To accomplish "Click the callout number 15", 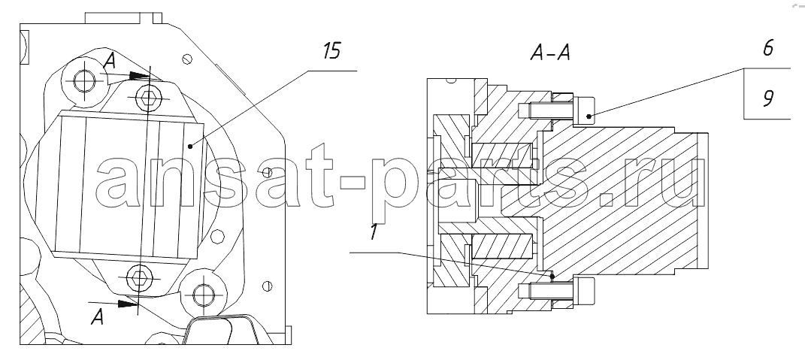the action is pyautogui.click(x=332, y=51).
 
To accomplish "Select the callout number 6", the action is pyautogui.click(x=768, y=48).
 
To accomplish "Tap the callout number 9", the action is pyautogui.click(x=768, y=98).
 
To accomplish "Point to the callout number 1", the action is pyautogui.click(x=374, y=233).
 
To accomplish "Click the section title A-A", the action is pyautogui.click(x=550, y=53).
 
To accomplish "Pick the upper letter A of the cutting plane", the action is pyautogui.click(x=109, y=62).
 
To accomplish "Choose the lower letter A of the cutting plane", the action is pyautogui.click(x=97, y=317).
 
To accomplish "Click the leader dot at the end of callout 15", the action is pyautogui.click(x=190, y=147).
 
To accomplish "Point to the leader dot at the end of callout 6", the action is pyautogui.click(x=589, y=116).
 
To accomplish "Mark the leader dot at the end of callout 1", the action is pyautogui.click(x=552, y=277).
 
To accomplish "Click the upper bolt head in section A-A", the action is pyautogui.click(x=583, y=110).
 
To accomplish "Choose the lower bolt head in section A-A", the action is pyautogui.click(x=583, y=292).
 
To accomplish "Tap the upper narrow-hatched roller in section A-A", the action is pyautogui.click(x=500, y=155).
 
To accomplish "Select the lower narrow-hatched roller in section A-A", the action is pyautogui.click(x=500, y=246).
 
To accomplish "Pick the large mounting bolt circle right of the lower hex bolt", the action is pyautogui.click(x=204, y=295).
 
